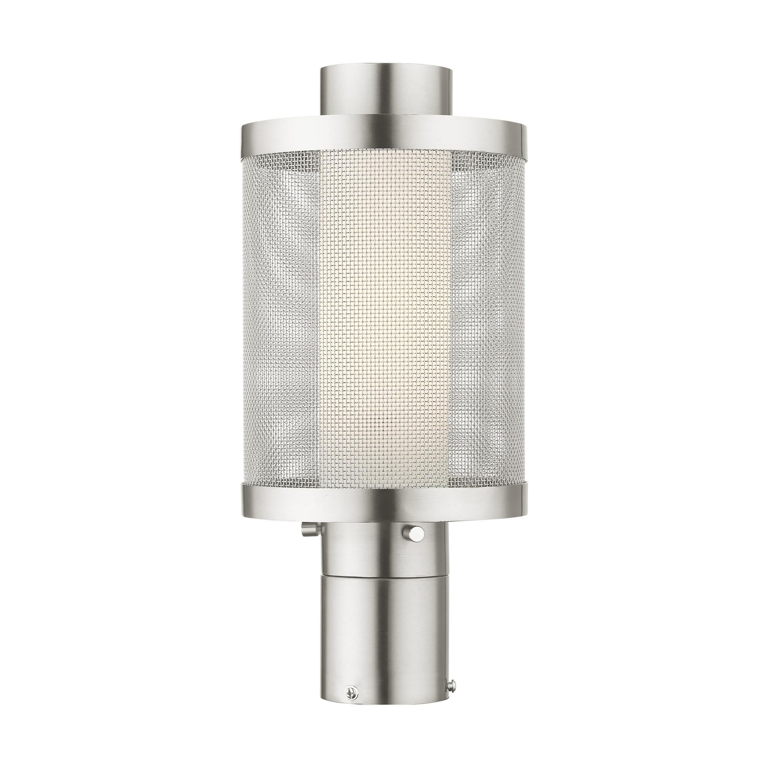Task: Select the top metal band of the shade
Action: (384, 135)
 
